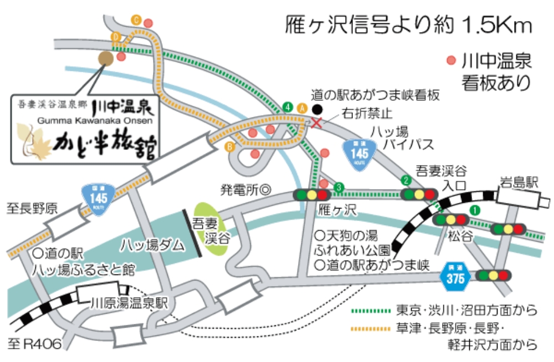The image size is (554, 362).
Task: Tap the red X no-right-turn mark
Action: pyautogui.click(x=317, y=123)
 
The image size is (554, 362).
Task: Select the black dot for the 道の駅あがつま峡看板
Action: pyautogui.click(x=317, y=109)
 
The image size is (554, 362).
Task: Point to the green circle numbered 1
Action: pyautogui.click(x=474, y=210)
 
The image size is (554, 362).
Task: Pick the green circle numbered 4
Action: pyautogui.click(x=287, y=106)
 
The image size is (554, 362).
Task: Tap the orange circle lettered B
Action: pyautogui.click(x=229, y=147)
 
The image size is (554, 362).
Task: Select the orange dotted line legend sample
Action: pyautogui.click(x=371, y=328)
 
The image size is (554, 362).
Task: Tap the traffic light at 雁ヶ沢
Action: pyautogui.click(x=312, y=195)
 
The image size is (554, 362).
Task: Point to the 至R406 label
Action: pyautogui.click(x=34, y=344)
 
